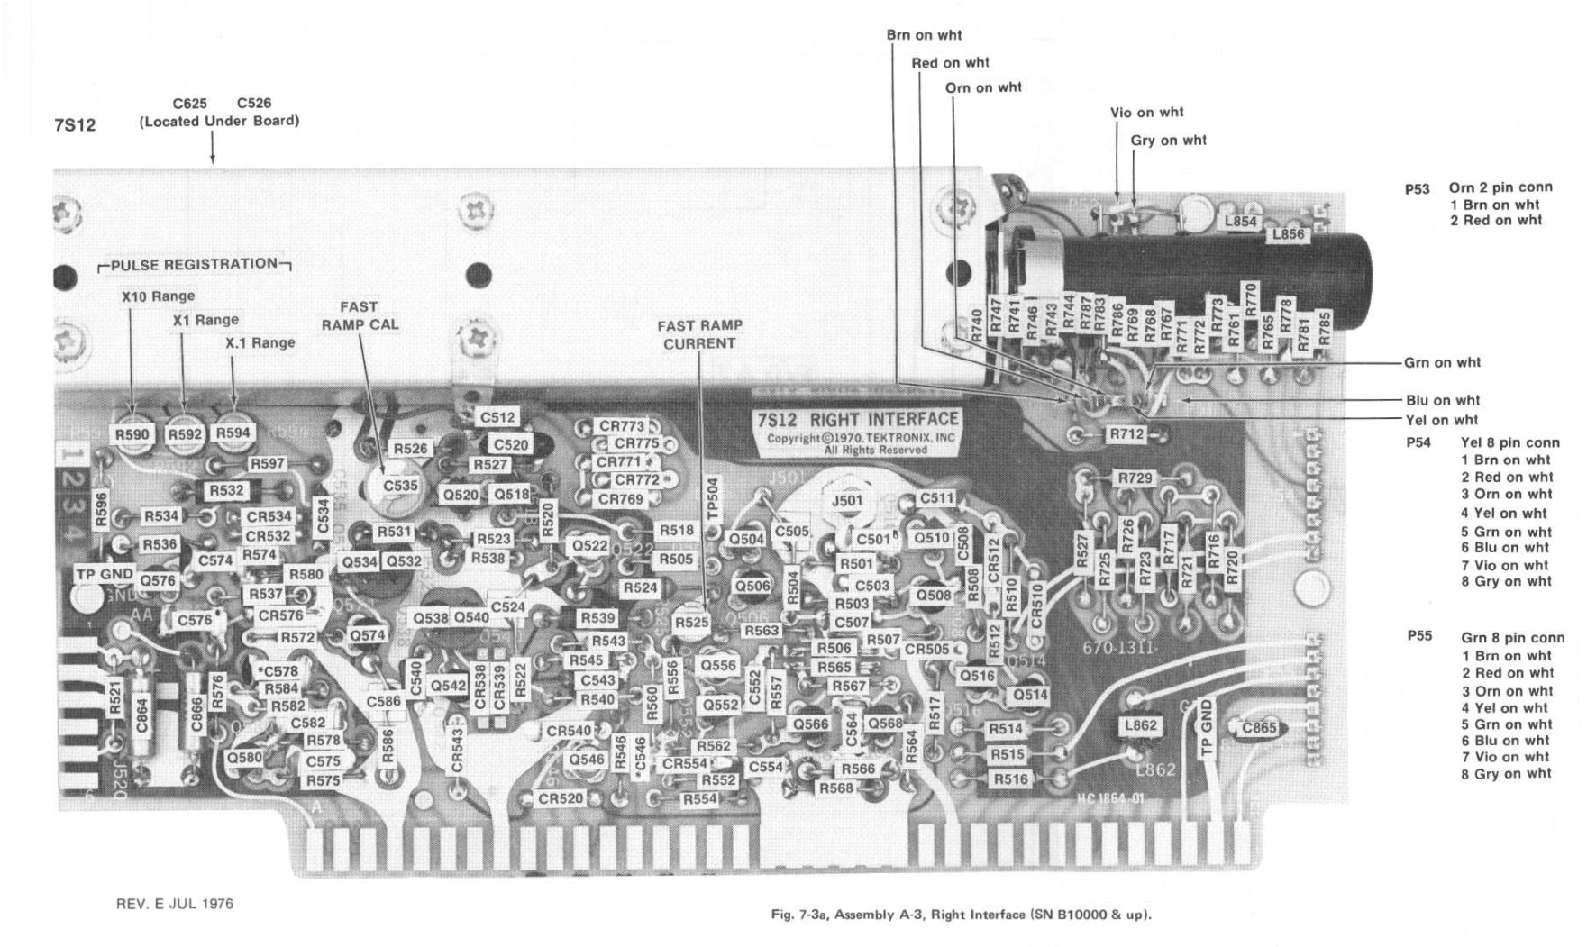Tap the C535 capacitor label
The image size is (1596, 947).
coord(400,486)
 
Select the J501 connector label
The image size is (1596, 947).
coord(847,501)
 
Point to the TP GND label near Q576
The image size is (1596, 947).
coord(105,574)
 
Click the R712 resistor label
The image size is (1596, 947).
coord(1126,434)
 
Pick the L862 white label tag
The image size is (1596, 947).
coord(1140,725)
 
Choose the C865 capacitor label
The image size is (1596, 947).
coord(1259,728)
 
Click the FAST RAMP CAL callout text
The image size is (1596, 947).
coord(360,315)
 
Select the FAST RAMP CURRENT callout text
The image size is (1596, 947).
coord(699,334)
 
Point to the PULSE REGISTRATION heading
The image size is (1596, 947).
coord(194,264)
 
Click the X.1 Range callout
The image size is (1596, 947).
coord(260,342)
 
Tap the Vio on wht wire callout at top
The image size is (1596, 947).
coord(1146,113)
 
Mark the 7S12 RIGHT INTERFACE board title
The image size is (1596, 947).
coord(857,419)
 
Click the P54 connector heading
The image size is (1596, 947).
coord(1418,442)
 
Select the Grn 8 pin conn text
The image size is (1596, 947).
coord(1512,638)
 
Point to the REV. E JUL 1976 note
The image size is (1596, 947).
coord(175,903)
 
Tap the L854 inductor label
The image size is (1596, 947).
coord(1240,222)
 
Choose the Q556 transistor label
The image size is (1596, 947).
coord(718,665)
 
